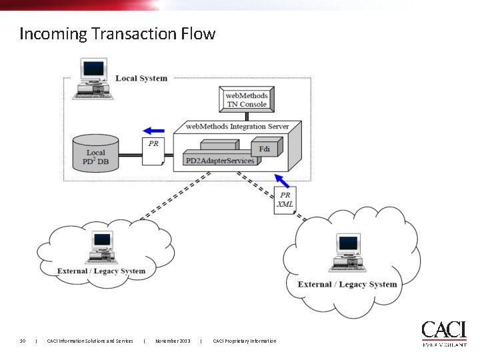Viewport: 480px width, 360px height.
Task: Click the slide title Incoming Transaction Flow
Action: [117, 33]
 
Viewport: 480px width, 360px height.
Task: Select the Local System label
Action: [141, 78]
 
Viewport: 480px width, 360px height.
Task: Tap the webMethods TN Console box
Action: [246, 100]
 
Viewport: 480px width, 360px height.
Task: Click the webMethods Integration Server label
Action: [238, 126]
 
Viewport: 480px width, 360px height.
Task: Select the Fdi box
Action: [264, 149]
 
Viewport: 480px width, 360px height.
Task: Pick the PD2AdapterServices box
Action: [219, 161]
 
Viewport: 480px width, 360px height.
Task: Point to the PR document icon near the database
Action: [153, 152]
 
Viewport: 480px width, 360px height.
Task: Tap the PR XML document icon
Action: [285, 199]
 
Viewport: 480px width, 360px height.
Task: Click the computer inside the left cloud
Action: [101, 249]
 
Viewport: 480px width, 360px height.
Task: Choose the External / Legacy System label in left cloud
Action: [101, 271]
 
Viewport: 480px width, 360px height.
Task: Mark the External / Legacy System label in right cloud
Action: [347, 284]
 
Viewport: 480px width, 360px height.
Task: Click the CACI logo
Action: [443, 333]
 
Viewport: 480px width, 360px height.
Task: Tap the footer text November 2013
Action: [173, 341]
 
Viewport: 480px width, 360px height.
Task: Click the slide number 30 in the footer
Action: [23, 341]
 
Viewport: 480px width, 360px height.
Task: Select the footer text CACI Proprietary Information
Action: [244, 341]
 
